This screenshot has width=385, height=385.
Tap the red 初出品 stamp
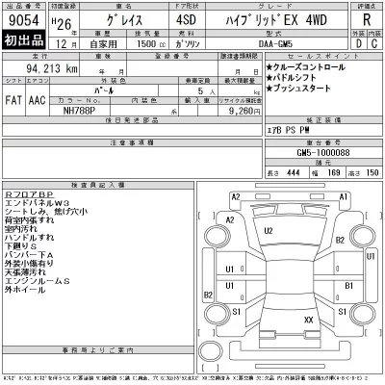pyautogui.click(x=23, y=43)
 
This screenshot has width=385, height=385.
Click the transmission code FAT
pyautogui.click(x=14, y=98)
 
